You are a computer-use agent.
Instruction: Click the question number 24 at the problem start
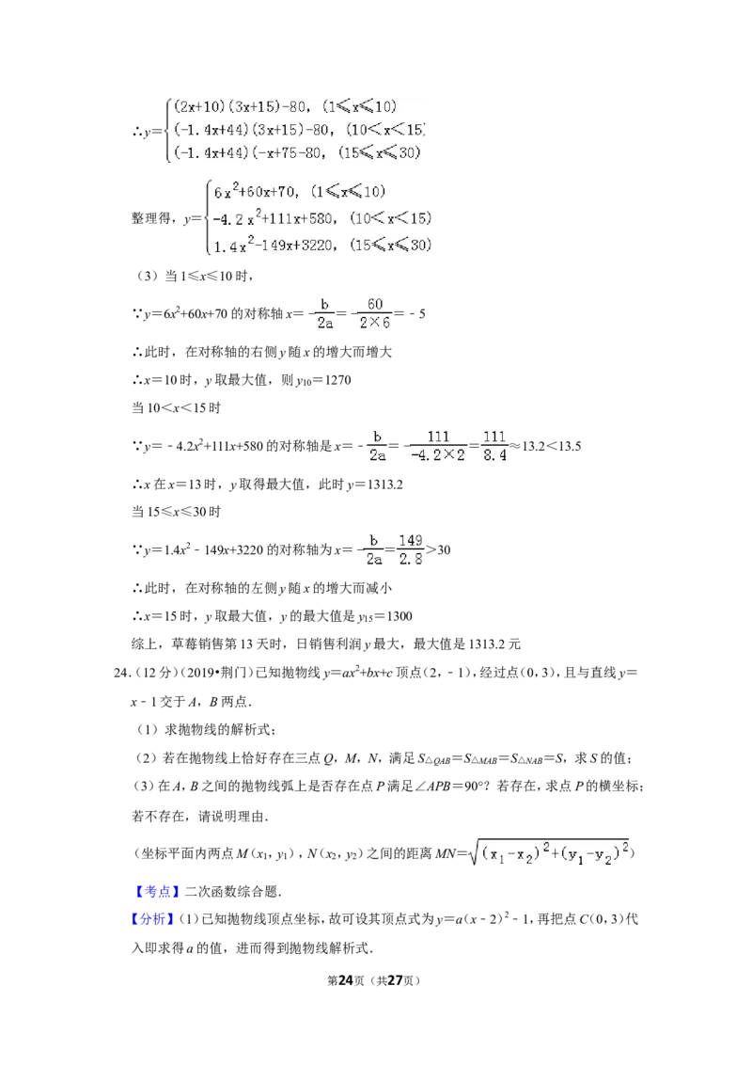pos(121,673)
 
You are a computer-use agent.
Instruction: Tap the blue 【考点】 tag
pos(157,891)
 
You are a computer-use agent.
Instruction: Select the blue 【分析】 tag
pos(153,919)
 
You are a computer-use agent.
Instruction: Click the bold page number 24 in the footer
pos(346,980)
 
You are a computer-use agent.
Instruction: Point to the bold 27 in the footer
pos(396,980)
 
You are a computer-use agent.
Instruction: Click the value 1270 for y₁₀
pos(337,380)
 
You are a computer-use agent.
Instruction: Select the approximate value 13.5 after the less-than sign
pos(569,446)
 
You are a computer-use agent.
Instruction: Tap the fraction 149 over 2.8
pos(411,549)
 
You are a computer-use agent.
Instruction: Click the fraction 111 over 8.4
pos(494,446)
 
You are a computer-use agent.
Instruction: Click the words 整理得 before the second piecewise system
pos(150,218)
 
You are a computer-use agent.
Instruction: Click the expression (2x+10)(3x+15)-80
pos(241,106)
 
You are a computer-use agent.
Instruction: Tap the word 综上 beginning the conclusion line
pos(144,644)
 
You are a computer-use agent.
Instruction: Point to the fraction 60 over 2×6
pos(375,314)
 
